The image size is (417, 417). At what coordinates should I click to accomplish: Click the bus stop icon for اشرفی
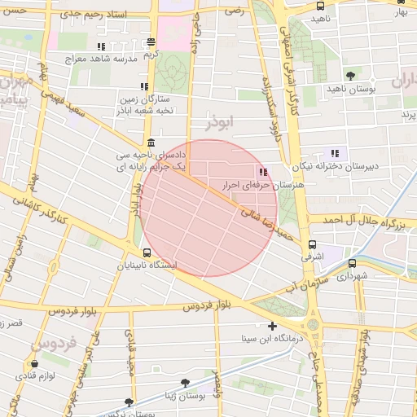pos(312,244)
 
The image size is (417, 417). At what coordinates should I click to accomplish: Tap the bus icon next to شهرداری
pos(352,264)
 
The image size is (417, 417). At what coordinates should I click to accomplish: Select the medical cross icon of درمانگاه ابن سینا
pos(272,327)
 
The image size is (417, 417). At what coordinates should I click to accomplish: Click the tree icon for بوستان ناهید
pos(350,75)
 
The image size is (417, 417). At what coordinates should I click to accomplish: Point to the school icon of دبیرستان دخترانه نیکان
pos(334,152)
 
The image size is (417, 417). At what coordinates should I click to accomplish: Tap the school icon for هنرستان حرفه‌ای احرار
pos(262,172)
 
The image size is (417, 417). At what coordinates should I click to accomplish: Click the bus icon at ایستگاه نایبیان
pos(147,253)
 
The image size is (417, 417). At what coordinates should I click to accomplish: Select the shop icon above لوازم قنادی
pos(34,364)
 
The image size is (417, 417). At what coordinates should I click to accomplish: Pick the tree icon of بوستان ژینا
pos(185,381)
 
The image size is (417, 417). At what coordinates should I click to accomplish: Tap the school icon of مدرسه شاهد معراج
pos(101,47)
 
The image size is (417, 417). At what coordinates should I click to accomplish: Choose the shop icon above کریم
pos(151,42)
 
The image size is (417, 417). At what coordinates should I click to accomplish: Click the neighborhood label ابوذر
pos(219,122)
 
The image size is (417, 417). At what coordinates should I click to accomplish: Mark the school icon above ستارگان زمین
pos(143,86)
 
